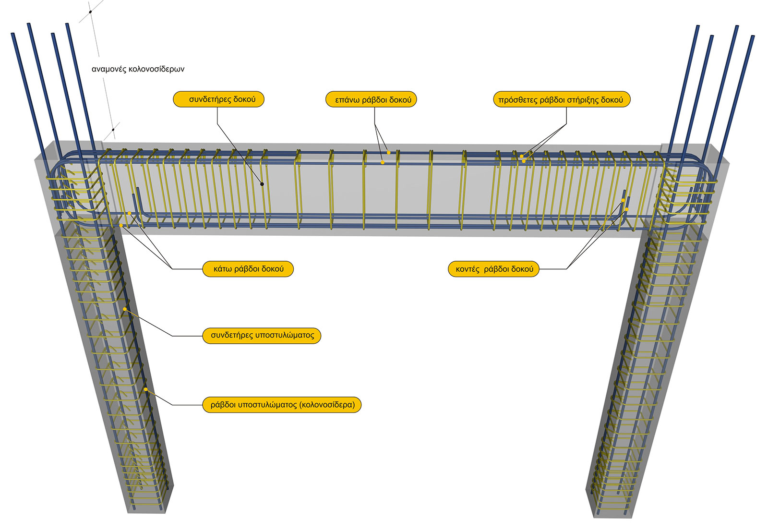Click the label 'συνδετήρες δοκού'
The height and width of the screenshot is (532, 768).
[x=218, y=99]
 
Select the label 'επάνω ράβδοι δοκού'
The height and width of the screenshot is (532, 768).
[x=371, y=100]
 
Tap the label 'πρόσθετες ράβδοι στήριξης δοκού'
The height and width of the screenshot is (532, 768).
[x=561, y=100]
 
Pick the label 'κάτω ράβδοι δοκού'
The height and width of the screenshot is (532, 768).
[x=247, y=269]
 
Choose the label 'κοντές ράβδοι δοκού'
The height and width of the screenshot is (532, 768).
[x=493, y=269]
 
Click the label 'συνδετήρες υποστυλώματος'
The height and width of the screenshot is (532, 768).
[x=261, y=335]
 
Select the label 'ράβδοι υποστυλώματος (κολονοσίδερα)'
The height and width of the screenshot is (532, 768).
[x=282, y=405]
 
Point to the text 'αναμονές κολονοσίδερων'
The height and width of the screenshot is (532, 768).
[x=138, y=69]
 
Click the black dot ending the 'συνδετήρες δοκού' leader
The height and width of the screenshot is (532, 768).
[x=263, y=184]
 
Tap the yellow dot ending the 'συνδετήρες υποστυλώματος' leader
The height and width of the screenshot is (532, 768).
[x=124, y=309]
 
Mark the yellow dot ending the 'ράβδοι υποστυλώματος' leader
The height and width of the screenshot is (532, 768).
[x=145, y=389]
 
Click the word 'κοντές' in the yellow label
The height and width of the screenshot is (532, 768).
[x=468, y=269]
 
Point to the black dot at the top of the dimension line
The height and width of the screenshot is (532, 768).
[x=90, y=12]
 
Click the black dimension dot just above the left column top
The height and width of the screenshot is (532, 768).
[x=113, y=129]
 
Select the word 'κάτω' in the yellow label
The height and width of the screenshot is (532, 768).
[x=223, y=269]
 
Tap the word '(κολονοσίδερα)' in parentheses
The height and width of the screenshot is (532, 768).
[x=327, y=405]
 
